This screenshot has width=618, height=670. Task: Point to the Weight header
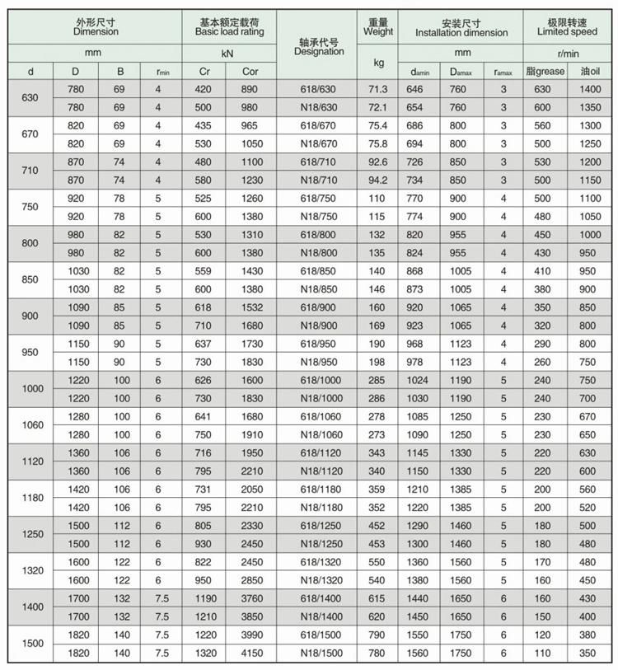coord(378,32)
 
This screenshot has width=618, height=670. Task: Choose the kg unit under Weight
coord(378,62)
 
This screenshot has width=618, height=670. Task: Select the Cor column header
coord(250,72)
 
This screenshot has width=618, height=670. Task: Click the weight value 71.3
coord(378,90)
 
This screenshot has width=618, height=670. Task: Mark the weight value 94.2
coord(378,180)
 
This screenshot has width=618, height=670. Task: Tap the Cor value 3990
coord(250,635)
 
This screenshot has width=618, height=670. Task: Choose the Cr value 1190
coord(205,598)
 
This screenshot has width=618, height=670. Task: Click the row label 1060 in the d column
coord(31,425)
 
